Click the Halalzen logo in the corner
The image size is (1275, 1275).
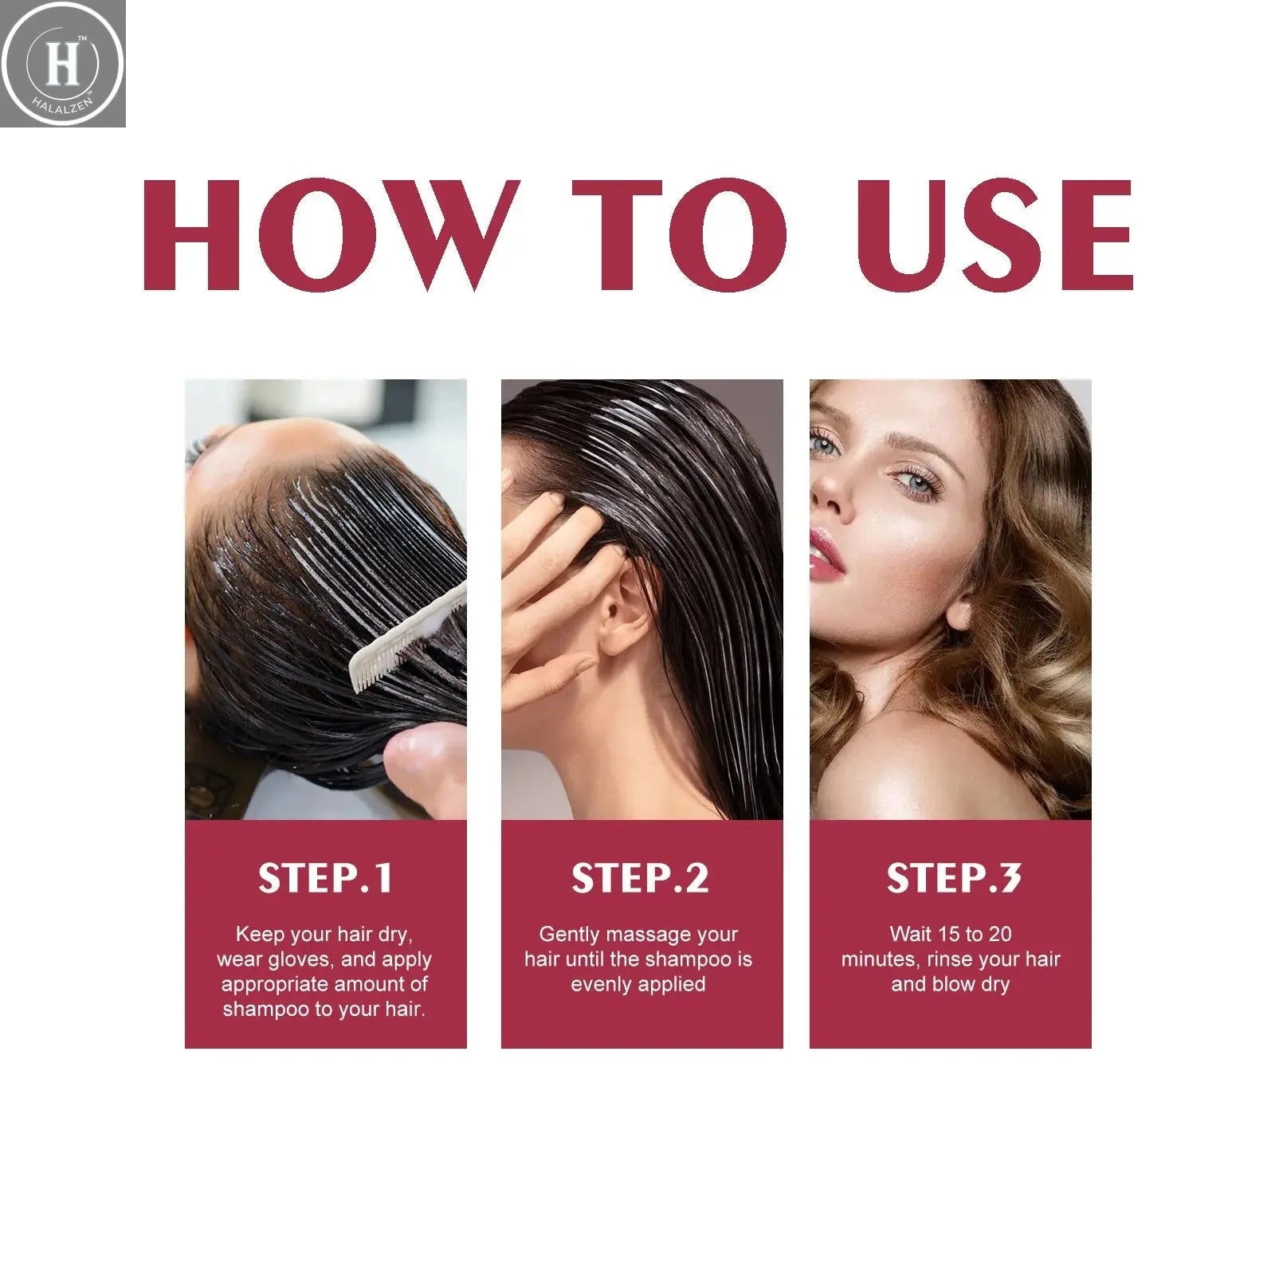[x=62, y=64]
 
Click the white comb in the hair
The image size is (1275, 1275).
[x=406, y=637]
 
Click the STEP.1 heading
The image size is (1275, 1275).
[x=325, y=878]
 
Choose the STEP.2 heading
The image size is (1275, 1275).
[x=640, y=878]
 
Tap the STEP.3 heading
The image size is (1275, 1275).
[x=953, y=878]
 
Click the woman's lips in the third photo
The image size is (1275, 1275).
[x=826, y=554]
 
